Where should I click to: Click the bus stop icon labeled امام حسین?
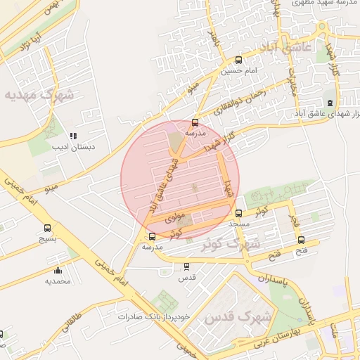(x=238, y=60)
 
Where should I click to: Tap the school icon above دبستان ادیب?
(x=72, y=136)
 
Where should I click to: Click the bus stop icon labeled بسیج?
(x=47, y=228)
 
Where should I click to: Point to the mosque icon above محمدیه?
(x=58, y=270)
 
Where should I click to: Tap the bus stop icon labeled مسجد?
(x=238, y=212)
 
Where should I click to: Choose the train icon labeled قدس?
(x=186, y=266)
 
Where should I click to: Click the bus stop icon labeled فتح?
(x=302, y=240)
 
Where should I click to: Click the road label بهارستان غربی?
(x=285, y=333)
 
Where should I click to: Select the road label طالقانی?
(x=73, y=323)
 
